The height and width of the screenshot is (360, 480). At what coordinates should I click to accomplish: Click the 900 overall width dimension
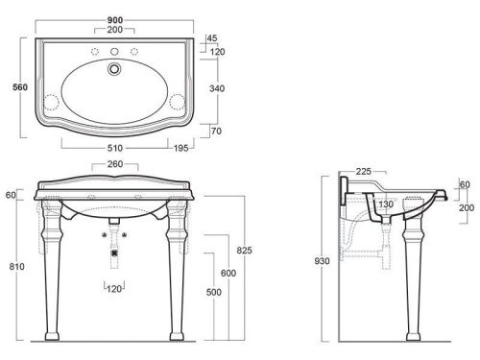(115, 20)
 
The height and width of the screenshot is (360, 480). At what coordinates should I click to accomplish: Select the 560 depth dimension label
(20, 87)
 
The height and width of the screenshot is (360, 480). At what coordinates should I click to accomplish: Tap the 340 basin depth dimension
(217, 88)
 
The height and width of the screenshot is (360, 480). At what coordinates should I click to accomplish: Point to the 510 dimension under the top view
(115, 148)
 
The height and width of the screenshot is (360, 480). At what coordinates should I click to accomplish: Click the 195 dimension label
(180, 148)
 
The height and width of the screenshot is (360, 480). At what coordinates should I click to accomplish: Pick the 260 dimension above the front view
(115, 164)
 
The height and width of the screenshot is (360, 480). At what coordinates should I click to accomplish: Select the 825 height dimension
(245, 251)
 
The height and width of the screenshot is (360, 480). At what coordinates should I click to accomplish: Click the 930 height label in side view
(322, 261)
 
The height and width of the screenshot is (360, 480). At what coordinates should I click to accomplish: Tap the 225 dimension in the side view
(364, 172)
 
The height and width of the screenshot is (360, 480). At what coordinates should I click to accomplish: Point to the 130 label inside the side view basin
(386, 204)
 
